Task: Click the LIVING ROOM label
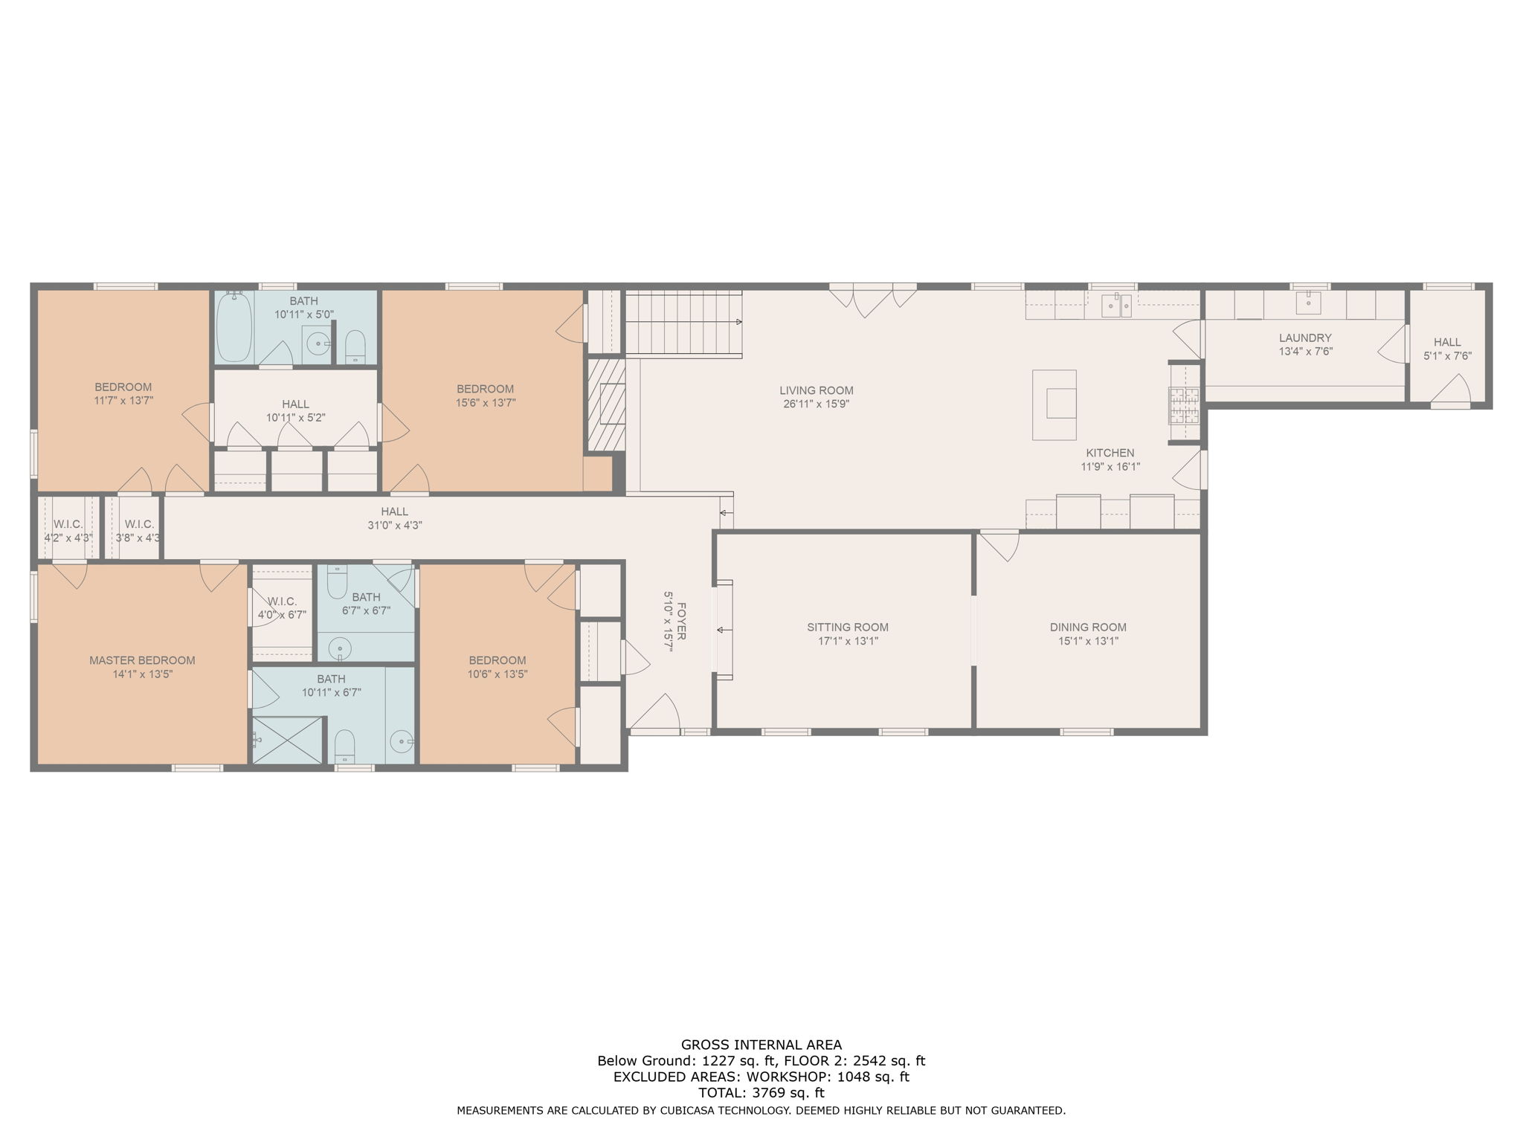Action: click(x=816, y=390)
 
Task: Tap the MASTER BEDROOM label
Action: click(x=142, y=660)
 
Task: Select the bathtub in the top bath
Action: click(x=234, y=327)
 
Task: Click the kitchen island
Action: click(x=1054, y=404)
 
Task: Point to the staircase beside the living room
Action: click(x=683, y=323)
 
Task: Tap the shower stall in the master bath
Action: click(x=289, y=740)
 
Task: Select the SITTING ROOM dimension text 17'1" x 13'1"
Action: click(x=847, y=641)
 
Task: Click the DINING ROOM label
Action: click(x=1088, y=627)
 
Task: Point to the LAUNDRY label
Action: click(x=1305, y=338)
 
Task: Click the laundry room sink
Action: click(x=1309, y=303)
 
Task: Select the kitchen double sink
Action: click(x=1116, y=305)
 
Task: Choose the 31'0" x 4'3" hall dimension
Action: click(x=394, y=525)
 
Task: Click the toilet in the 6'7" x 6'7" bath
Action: click(x=337, y=581)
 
